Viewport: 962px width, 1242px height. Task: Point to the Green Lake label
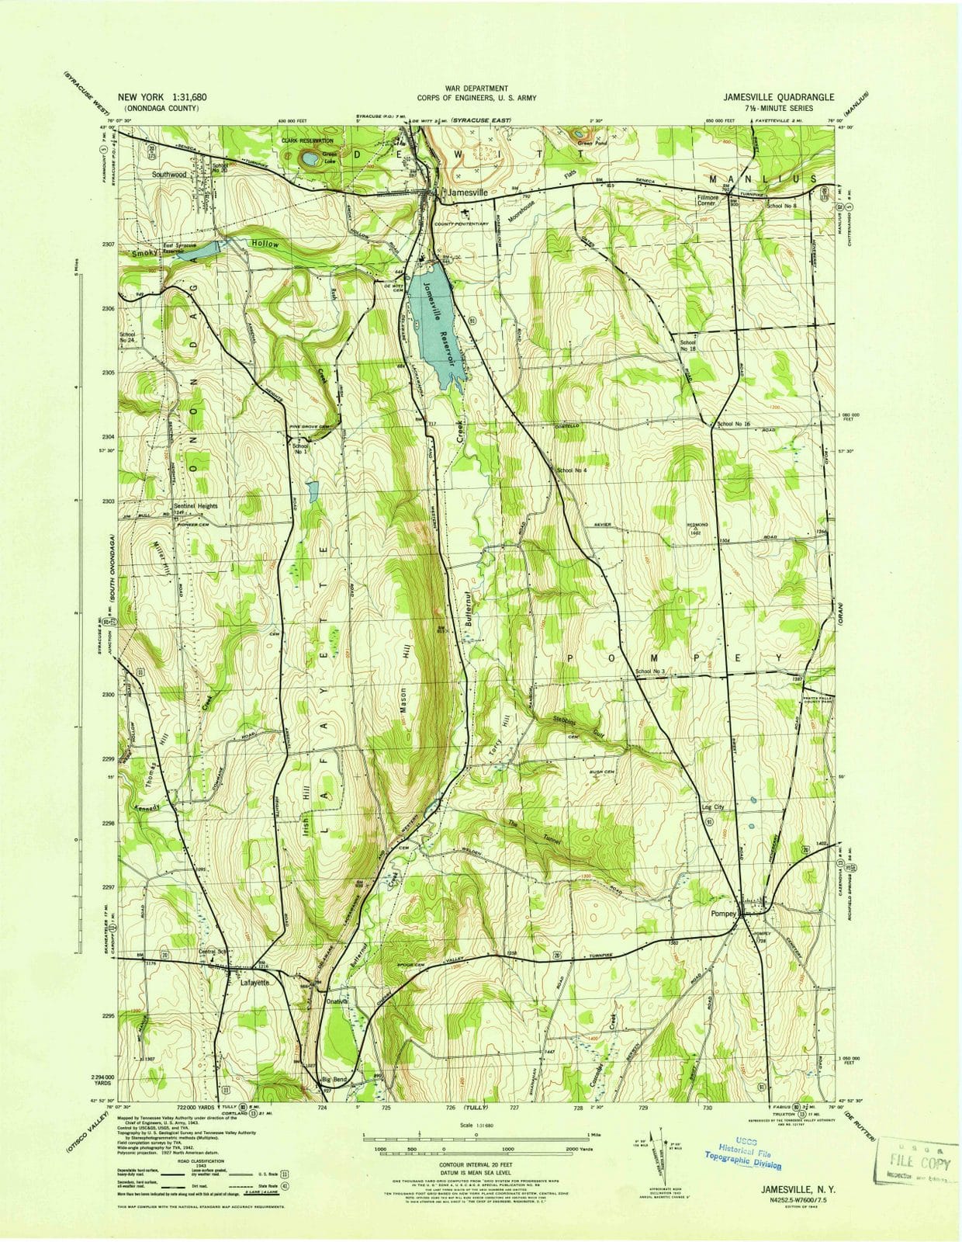[x=330, y=157]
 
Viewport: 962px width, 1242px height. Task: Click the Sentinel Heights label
[x=196, y=505]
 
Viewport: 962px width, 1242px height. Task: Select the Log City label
[x=712, y=807]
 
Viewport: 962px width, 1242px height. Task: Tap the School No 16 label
[x=733, y=424]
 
